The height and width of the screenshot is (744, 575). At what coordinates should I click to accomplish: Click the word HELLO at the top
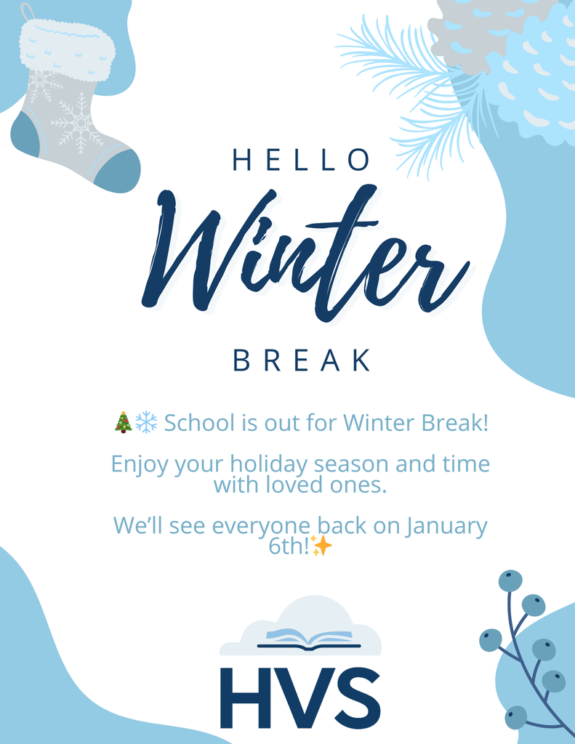point(301,161)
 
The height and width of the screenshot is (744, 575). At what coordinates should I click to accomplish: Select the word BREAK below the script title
point(302,360)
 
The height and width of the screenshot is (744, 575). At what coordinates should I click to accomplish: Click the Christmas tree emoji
point(123,422)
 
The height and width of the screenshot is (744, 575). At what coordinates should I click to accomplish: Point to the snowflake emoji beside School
point(146,422)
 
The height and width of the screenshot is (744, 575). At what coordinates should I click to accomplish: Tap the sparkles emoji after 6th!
point(321,546)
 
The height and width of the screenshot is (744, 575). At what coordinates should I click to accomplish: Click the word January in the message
point(446,526)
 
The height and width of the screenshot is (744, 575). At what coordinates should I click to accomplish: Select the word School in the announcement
point(199,422)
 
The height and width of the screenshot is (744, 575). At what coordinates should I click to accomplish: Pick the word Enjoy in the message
point(140,464)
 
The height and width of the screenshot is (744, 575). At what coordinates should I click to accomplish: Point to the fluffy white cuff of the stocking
point(67,49)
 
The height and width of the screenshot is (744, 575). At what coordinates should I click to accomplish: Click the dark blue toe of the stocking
point(117,171)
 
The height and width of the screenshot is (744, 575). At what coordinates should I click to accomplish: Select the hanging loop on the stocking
point(28,12)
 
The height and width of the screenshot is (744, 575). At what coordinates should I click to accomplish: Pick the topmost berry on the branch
point(510,581)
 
